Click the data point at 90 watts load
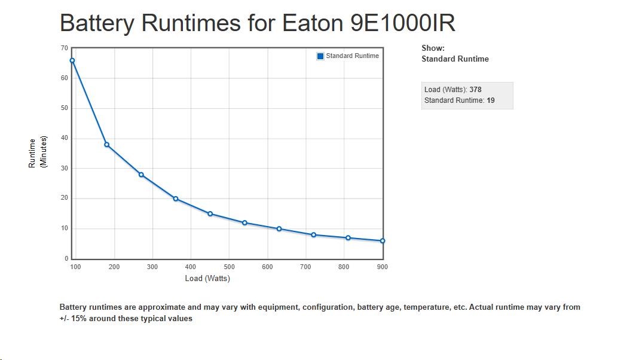pos(72,60)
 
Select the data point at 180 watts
pos(107,145)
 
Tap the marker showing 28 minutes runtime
pos(141,175)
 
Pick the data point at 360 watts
pos(176,199)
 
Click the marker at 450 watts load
pos(210,213)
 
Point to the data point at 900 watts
pos(383,241)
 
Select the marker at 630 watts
pos(279,228)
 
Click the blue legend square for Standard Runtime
pos(320,56)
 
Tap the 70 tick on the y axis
pos(64,48)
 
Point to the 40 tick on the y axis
pos(64,138)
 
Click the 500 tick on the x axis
pos(229,267)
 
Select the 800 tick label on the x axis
pos(344,267)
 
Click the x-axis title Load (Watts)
pos(207,278)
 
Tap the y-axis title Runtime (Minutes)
pos(37,153)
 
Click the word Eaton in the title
pos(308,23)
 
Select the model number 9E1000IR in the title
pos(402,23)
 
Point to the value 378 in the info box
pos(475,90)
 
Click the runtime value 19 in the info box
pos(491,100)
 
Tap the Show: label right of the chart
pos(433,48)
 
